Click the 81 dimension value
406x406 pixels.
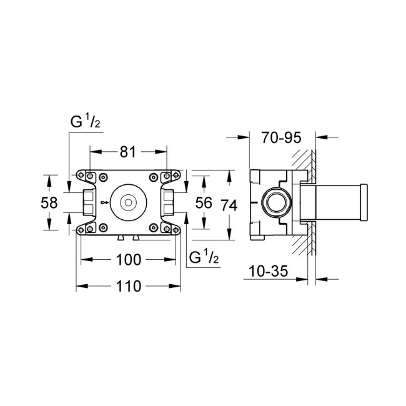(x=129, y=152)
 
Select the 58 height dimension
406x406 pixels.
(x=50, y=203)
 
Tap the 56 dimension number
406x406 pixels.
(x=204, y=203)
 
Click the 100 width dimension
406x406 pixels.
(x=128, y=259)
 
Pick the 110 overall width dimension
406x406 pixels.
(x=128, y=287)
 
